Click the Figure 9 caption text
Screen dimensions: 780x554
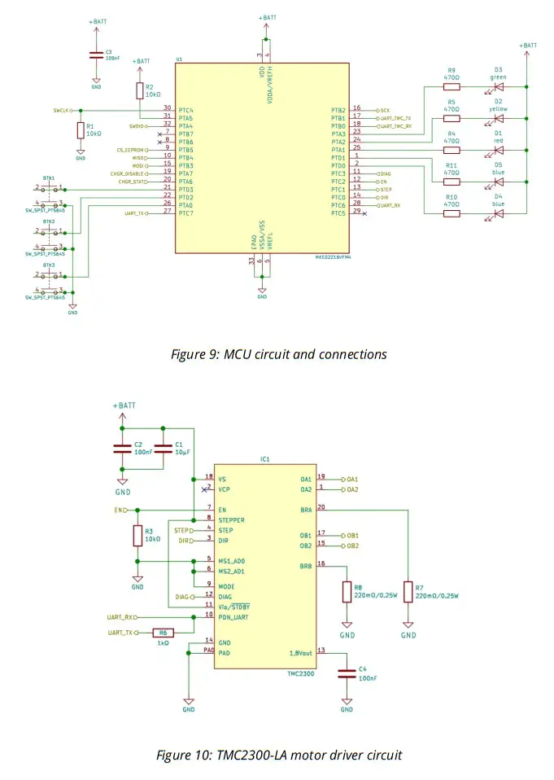point(278,354)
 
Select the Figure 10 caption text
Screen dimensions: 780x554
point(278,755)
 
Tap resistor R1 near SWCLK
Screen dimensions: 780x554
point(80,131)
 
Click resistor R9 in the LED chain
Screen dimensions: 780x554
point(451,86)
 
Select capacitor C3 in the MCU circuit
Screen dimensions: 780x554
point(96,55)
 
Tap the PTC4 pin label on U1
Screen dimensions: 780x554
point(185,110)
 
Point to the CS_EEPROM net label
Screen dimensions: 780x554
point(131,150)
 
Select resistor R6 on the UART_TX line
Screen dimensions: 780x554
point(163,633)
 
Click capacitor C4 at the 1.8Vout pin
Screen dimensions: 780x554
point(347,672)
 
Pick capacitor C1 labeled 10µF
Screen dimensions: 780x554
point(164,449)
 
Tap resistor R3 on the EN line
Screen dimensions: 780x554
point(137,535)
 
